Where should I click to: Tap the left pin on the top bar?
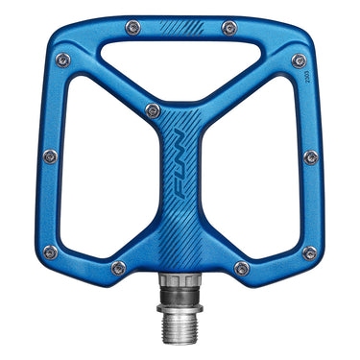[132, 29]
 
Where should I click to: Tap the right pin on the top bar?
[228, 28]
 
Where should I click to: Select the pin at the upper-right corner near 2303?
[299, 60]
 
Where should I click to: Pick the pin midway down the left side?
[50, 156]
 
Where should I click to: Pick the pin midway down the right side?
[310, 156]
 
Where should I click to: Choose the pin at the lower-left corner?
[50, 252]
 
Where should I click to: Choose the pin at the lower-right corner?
[309, 252]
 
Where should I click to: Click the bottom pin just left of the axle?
[118, 268]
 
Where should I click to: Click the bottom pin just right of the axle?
[242, 268]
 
